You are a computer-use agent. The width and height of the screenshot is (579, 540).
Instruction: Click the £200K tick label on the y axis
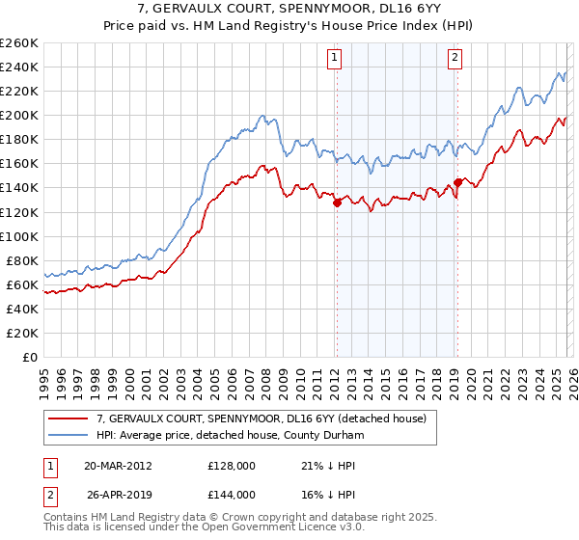(x=18, y=115)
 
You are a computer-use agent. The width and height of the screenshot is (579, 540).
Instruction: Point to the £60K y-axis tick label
(x=21, y=284)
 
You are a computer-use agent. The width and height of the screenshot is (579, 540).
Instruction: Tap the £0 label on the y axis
(x=29, y=357)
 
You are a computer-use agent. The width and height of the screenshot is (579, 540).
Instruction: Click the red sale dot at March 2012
(x=337, y=202)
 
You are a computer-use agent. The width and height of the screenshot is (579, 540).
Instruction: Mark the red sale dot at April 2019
(x=457, y=182)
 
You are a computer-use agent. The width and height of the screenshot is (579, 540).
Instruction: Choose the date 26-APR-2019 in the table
(x=118, y=494)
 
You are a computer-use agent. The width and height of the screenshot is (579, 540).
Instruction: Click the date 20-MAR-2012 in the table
(x=118, y=465)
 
